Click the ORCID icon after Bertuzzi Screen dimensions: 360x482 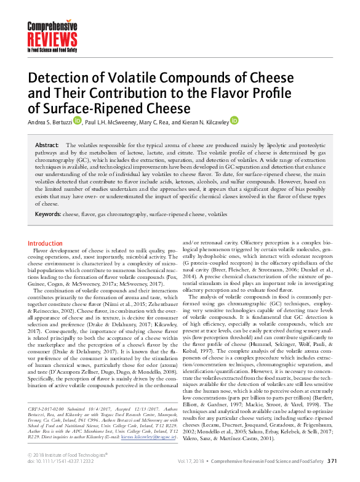(x=77, y=121)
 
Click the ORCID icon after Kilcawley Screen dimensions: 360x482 (x=234, y=121)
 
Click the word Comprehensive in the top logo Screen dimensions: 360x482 (x=52, y=25)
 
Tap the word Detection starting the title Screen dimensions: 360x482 (x=63, y=81)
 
